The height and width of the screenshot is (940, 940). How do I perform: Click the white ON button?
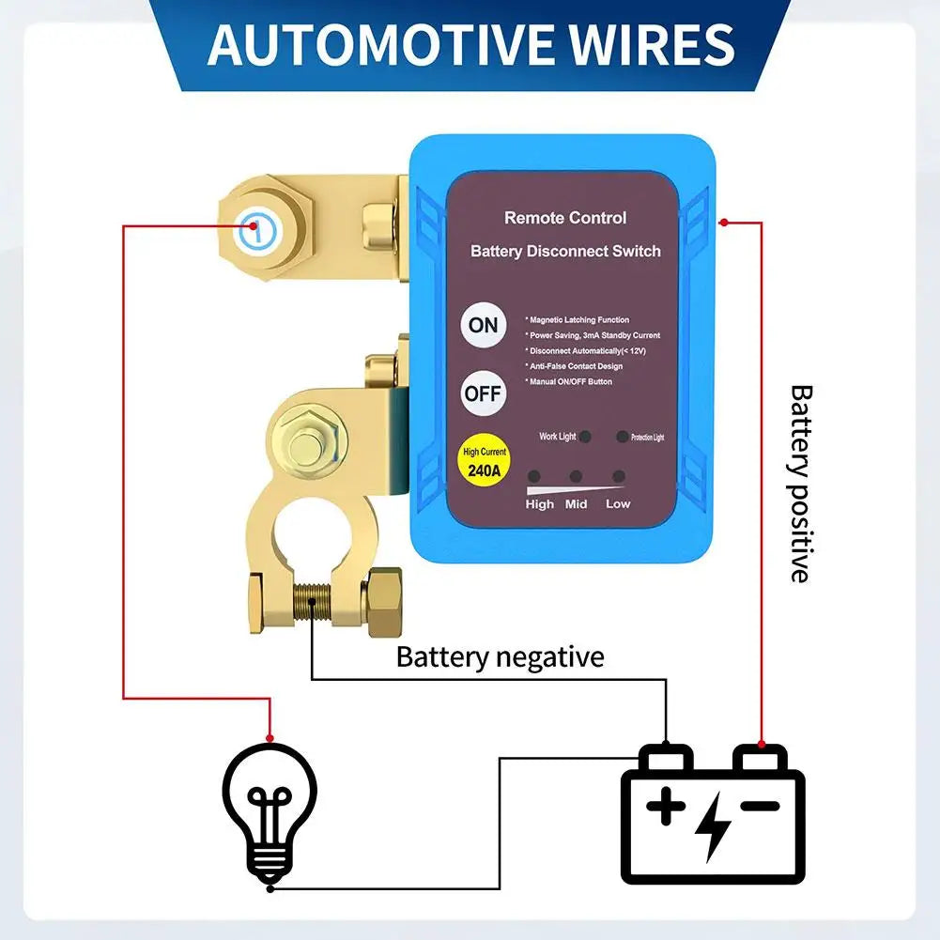point(483,326)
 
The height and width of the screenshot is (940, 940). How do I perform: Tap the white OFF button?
point(483,393)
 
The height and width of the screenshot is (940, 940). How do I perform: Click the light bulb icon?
point(270,809)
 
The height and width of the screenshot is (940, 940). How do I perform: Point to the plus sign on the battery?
point(666,807)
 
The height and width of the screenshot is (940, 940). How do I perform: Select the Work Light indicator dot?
point(585,437)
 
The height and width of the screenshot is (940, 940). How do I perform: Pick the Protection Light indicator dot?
point(622,437)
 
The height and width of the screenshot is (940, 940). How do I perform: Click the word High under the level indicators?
point(540,504)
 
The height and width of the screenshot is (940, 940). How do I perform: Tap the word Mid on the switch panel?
point(576,504)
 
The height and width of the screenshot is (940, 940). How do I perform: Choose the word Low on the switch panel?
point(618,504)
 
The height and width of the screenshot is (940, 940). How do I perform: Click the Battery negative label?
point(500,656)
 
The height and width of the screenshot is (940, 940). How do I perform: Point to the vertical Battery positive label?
point(799,483)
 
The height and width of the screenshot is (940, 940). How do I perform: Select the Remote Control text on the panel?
point(565,218)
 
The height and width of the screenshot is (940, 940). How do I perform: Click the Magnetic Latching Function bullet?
point(578,320)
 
